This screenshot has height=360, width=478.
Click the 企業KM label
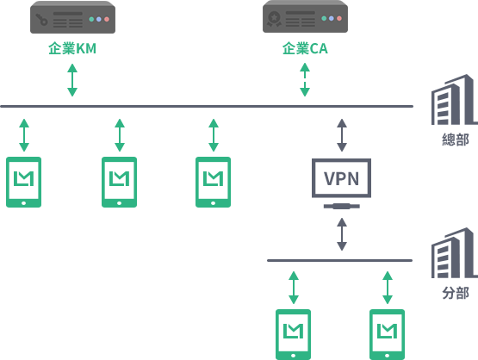coord(72,48)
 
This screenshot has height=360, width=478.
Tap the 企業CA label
coord(305,48)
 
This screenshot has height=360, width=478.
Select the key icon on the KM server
coord(41,20)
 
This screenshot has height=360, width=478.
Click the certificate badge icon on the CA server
coord(274,19)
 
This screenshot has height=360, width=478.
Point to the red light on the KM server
coord(107,19)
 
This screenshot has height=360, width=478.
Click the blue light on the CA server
coord(332,19)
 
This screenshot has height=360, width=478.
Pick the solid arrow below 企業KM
coord(72,80)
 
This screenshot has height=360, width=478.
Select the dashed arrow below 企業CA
coord(305,79)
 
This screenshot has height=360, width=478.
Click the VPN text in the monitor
coord(341,178)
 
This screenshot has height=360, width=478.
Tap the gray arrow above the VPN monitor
coord(342,135)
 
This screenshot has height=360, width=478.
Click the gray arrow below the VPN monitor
coord(342,234)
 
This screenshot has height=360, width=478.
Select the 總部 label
coord(456,140)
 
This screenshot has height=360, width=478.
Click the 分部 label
coord(456,293)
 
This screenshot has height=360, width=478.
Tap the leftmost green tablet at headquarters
coord(24,182)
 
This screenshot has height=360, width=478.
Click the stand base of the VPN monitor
coord(342,207)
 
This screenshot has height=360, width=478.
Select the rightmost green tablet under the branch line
coord(388,335)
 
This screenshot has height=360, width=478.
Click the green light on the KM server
coord(91,19)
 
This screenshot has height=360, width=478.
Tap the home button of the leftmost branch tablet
coord(294,356)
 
